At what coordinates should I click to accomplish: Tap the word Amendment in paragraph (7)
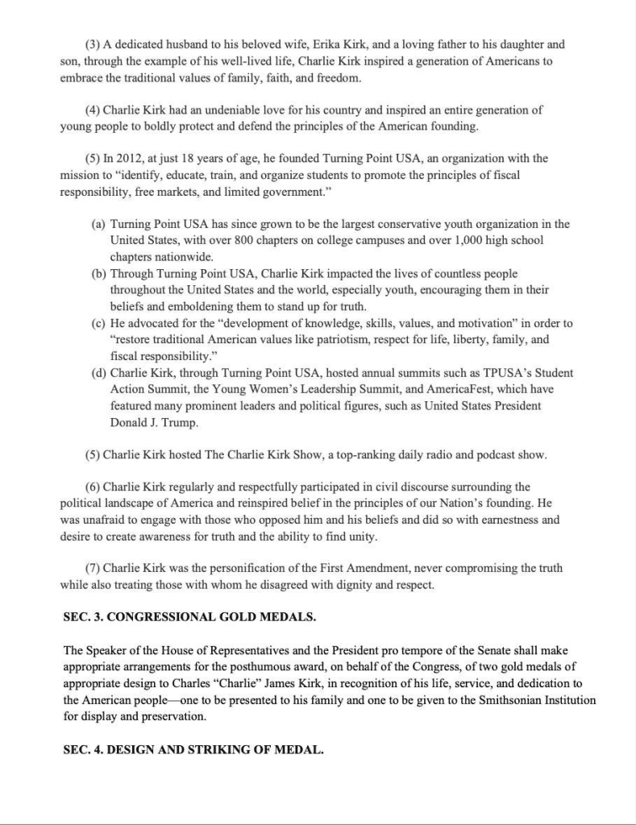coord(360,568)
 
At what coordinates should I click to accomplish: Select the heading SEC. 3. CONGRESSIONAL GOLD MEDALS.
coord(189,617)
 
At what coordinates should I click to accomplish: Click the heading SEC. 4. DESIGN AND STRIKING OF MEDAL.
coord(193,749)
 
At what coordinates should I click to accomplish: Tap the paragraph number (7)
coord(93,568)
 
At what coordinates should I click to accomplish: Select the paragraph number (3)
coord(93,44)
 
